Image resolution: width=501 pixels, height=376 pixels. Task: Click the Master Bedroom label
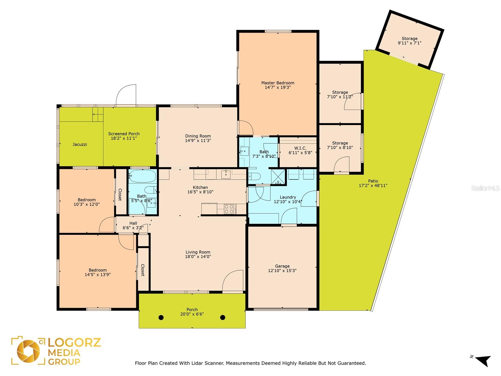[x=277, y=83]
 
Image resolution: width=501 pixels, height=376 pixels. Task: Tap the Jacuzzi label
[x=80, y=144]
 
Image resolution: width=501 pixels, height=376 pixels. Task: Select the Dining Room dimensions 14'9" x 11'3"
[x=198, y=141]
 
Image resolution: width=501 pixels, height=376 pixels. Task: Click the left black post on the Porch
[x=161, y=317]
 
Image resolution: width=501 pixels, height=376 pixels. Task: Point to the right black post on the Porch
[x=223, y=317]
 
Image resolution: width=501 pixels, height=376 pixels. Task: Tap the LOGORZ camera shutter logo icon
[x=28, y=351]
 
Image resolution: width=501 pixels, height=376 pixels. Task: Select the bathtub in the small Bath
[x=142, y=176]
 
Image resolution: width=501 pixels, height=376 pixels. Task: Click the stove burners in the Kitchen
[x=229, y=209]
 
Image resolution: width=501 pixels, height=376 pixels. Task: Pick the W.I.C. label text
[x=300, y=148]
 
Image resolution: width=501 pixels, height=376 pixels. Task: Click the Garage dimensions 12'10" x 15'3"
[x=282, y=270]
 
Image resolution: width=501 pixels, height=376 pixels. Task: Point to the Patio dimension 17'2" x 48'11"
[x=373, y=185]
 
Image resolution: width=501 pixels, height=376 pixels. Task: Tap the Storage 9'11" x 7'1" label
[x=410, y=41]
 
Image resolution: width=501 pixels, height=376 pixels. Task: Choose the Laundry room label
[x=288, y=197]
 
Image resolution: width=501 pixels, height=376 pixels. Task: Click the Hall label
[x=133, y=223]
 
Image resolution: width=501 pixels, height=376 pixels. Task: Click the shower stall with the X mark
[x=278, y=176]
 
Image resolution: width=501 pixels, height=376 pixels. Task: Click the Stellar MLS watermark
[x=485, y=188]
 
